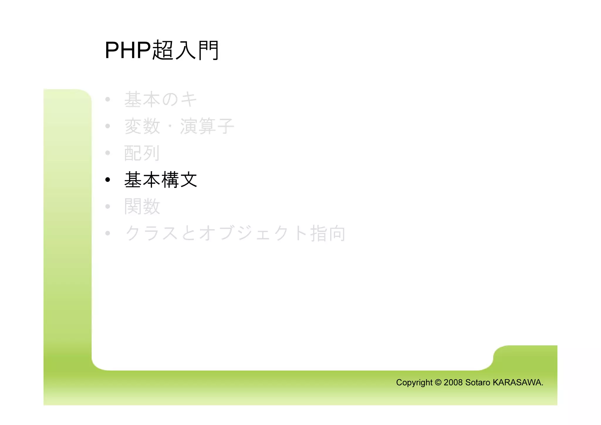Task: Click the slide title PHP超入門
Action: pos(161,50)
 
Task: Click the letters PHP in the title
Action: pos(128,50)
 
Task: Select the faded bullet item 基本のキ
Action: pos(161,99)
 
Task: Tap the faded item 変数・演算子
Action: pos(179,126)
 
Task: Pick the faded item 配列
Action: pos(142,153)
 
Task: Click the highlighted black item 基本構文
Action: pos(161,180)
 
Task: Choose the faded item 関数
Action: pos(142,206)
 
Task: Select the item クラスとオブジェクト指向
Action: pos(235,234)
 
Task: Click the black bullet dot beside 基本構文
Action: pos(108,180)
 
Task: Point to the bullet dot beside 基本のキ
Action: pos(108,99)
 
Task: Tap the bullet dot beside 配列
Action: pos(108,153)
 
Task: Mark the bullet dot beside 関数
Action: pos(108,206)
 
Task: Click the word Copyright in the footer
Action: pos(414,382)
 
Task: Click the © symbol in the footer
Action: pos(438,382)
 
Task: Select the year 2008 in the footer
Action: pos(453,382)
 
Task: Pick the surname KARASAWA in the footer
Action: pos(517,382)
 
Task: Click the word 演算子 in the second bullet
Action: pos(207,126)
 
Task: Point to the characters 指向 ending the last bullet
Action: pos(328,234)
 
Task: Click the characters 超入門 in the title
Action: pos(185,50)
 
